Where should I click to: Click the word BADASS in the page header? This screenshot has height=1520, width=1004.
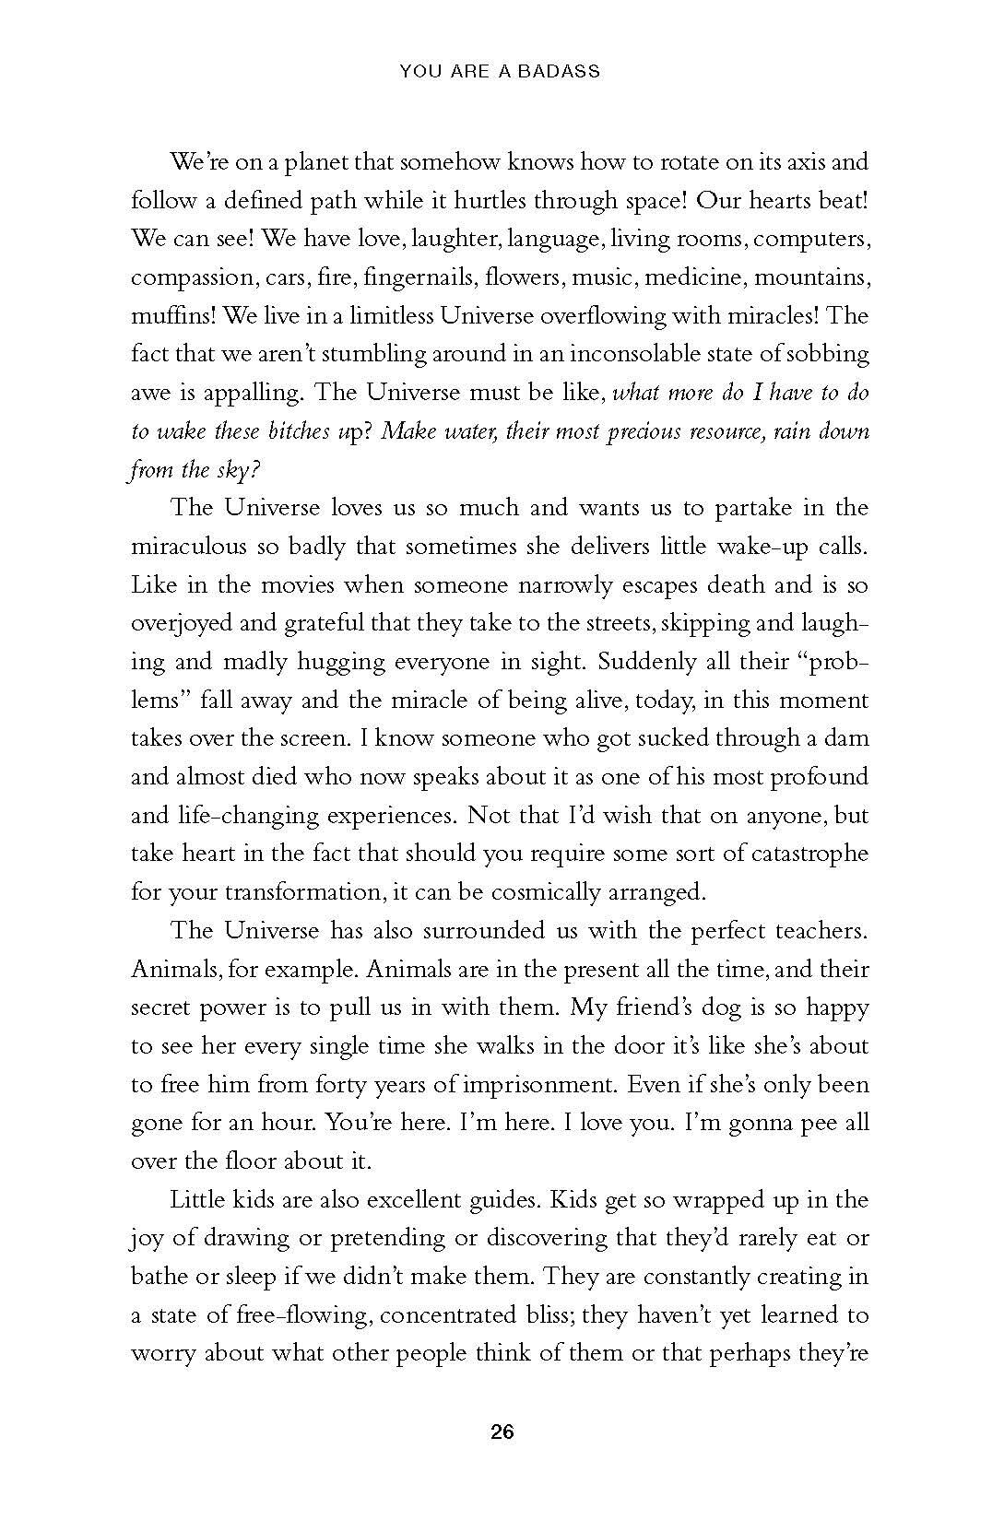[559, 71]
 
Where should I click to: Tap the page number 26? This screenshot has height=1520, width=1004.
[502, 1432]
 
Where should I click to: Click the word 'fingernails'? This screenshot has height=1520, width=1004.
[419, 277]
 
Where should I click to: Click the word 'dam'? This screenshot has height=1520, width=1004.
[848, 738]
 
